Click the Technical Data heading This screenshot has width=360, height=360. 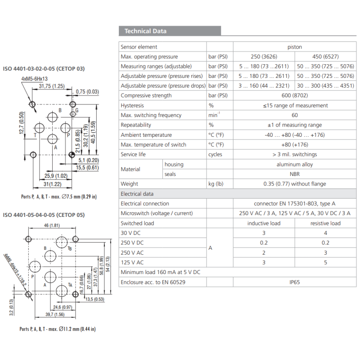[145, 31]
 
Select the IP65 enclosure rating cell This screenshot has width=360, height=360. [295, 282]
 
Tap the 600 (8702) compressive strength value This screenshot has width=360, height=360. [295, 95]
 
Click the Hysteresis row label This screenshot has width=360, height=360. [132, 105]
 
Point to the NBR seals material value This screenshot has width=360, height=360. [295, 174]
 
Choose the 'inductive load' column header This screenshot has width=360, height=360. [264, 223]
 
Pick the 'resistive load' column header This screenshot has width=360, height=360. [325, 223]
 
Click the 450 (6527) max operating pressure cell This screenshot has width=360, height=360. [325, 57]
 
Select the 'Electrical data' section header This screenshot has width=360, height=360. [137, 194]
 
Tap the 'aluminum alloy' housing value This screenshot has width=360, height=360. [295, 164]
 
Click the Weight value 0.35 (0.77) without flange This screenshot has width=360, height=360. [295, 184]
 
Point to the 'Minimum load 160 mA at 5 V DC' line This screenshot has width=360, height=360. [161, 272]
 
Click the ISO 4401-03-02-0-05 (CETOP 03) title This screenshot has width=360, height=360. [44, 69]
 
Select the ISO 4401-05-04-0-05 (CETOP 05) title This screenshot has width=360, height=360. [44, 215]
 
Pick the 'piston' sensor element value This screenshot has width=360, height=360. [295, 47]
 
